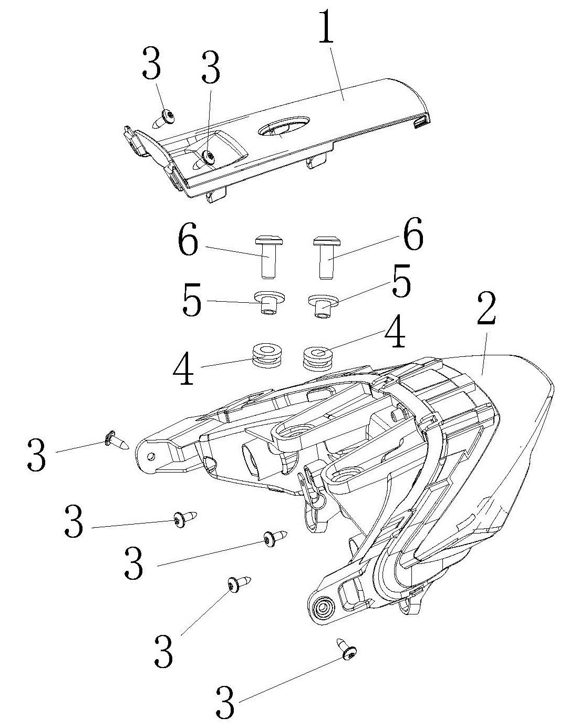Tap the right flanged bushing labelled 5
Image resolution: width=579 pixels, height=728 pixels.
[322, 305]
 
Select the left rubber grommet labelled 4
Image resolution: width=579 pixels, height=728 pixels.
[267, 355]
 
